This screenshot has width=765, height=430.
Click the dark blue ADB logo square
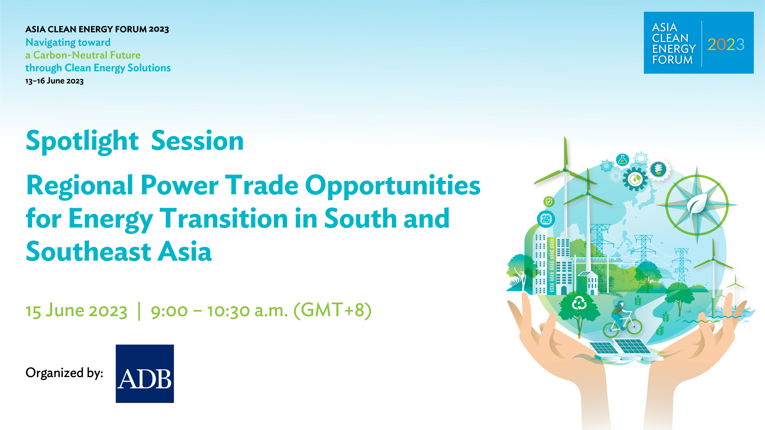[x=145, y=374]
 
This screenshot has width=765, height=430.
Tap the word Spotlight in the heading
[x=82, y=142]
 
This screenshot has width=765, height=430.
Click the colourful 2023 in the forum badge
[x=726, y=45]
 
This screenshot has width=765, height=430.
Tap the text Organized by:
[x=64, y=373]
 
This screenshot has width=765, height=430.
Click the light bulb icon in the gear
[x=659, y=169]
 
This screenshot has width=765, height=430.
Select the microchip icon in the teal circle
[x=546, y=219]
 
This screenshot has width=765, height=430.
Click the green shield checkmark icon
[x=549, y=202]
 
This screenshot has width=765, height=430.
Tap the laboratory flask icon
[x=622, y=160]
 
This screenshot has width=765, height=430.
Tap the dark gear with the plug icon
[x=635, y=179]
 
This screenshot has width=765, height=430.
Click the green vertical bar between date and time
[x=139, y=311]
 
